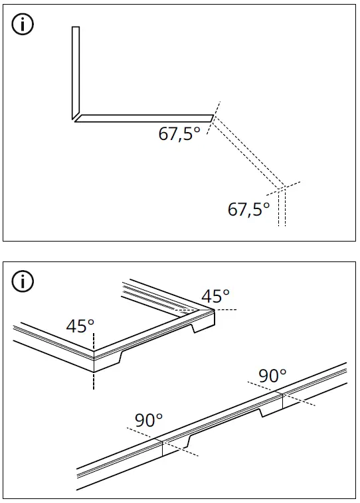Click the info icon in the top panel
point(23,26)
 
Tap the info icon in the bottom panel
point(23,281)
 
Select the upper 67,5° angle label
point(179,134)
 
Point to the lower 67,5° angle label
point(249,209)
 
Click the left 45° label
point(80,326)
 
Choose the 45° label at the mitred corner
point(216,296)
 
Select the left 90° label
point(149,420)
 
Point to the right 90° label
point(272,375)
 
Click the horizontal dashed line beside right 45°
point(223,310)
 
